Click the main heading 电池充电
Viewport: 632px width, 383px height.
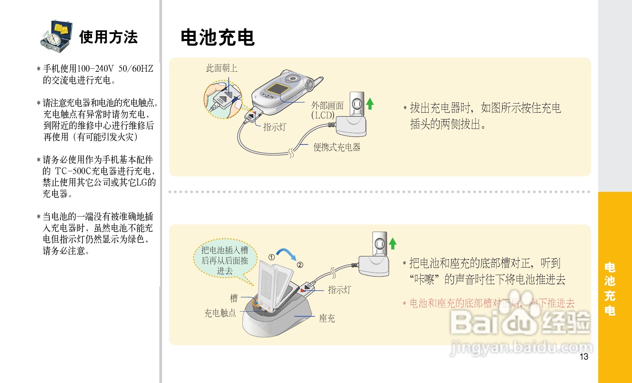(x=218, y=37)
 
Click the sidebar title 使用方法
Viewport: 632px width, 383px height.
(x=109, y=37)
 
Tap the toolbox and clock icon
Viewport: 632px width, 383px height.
(x=57, y=36)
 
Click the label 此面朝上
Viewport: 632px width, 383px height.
(x=222, y=68)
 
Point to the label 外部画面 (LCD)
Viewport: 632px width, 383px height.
(x=327, y=110)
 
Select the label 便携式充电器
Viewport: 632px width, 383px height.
(x=337, y=147)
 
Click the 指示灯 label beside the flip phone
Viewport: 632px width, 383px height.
(x=274, y=127)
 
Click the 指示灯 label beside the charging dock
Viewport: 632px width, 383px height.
(x=339, y=290)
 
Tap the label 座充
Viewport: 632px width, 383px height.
(x=327, y=318)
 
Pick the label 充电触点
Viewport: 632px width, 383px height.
(x=220, y=313)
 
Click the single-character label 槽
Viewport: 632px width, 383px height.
(x=234, y=298)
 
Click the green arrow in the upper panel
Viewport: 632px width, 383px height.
(x=370, y=103)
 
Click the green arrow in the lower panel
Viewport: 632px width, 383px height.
(x=392, y=243)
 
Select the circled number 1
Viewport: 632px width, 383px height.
(x=271, y=257)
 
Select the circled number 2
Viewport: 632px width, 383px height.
(x=300, y=265)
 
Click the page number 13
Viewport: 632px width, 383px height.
(x=584, y=357)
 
